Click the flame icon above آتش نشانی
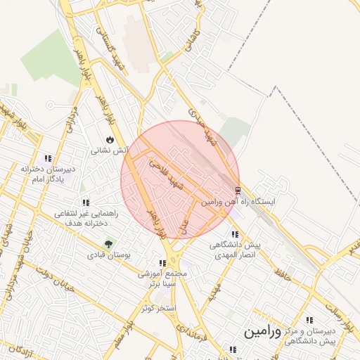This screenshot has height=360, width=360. [109, 140]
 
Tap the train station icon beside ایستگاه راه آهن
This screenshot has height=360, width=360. [238, 190]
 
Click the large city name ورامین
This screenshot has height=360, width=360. [262, 331]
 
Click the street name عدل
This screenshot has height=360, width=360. [184, 224]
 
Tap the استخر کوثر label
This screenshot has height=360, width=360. [157, 308]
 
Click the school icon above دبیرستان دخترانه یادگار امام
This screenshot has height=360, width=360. [47, 158]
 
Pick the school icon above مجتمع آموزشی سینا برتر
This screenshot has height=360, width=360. [162, 263]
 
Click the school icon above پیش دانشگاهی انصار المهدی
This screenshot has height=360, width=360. [234, 234]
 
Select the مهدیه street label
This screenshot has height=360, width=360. [214, 290]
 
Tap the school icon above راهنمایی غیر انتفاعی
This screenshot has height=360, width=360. [86, 202]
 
